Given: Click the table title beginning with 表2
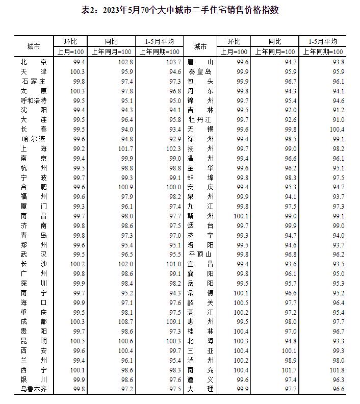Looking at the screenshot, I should pyautogui.click(x=180, y=10).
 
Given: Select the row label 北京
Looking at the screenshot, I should pyautogui.click(x=34, y=62).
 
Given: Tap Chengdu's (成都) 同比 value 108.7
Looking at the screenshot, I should pyautogui.click(x=125, y=321).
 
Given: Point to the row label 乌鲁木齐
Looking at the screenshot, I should pyautogui.click(x=34, y=389).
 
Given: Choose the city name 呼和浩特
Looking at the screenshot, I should pyautogui.click(x=34, y=100).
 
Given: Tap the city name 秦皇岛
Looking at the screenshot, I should pyautogui.click(x=200, y=71).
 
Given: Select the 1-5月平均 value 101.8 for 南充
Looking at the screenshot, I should pyautogui.click(x=337, y=370).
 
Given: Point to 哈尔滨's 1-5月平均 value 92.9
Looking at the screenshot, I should pyautogui.click(x=173, y=139).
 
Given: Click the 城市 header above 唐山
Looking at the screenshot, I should pyautogui.click(x=200, y=46).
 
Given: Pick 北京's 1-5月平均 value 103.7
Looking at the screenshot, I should pyautogui.click(x=173, y=62).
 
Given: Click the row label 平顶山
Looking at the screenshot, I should pyautogui.click(x=200, y=254).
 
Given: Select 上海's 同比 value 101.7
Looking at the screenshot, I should pyautogui.click(x=125, y=148).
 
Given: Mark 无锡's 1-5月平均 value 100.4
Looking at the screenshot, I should pyautogui.click(x=337, y=129).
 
